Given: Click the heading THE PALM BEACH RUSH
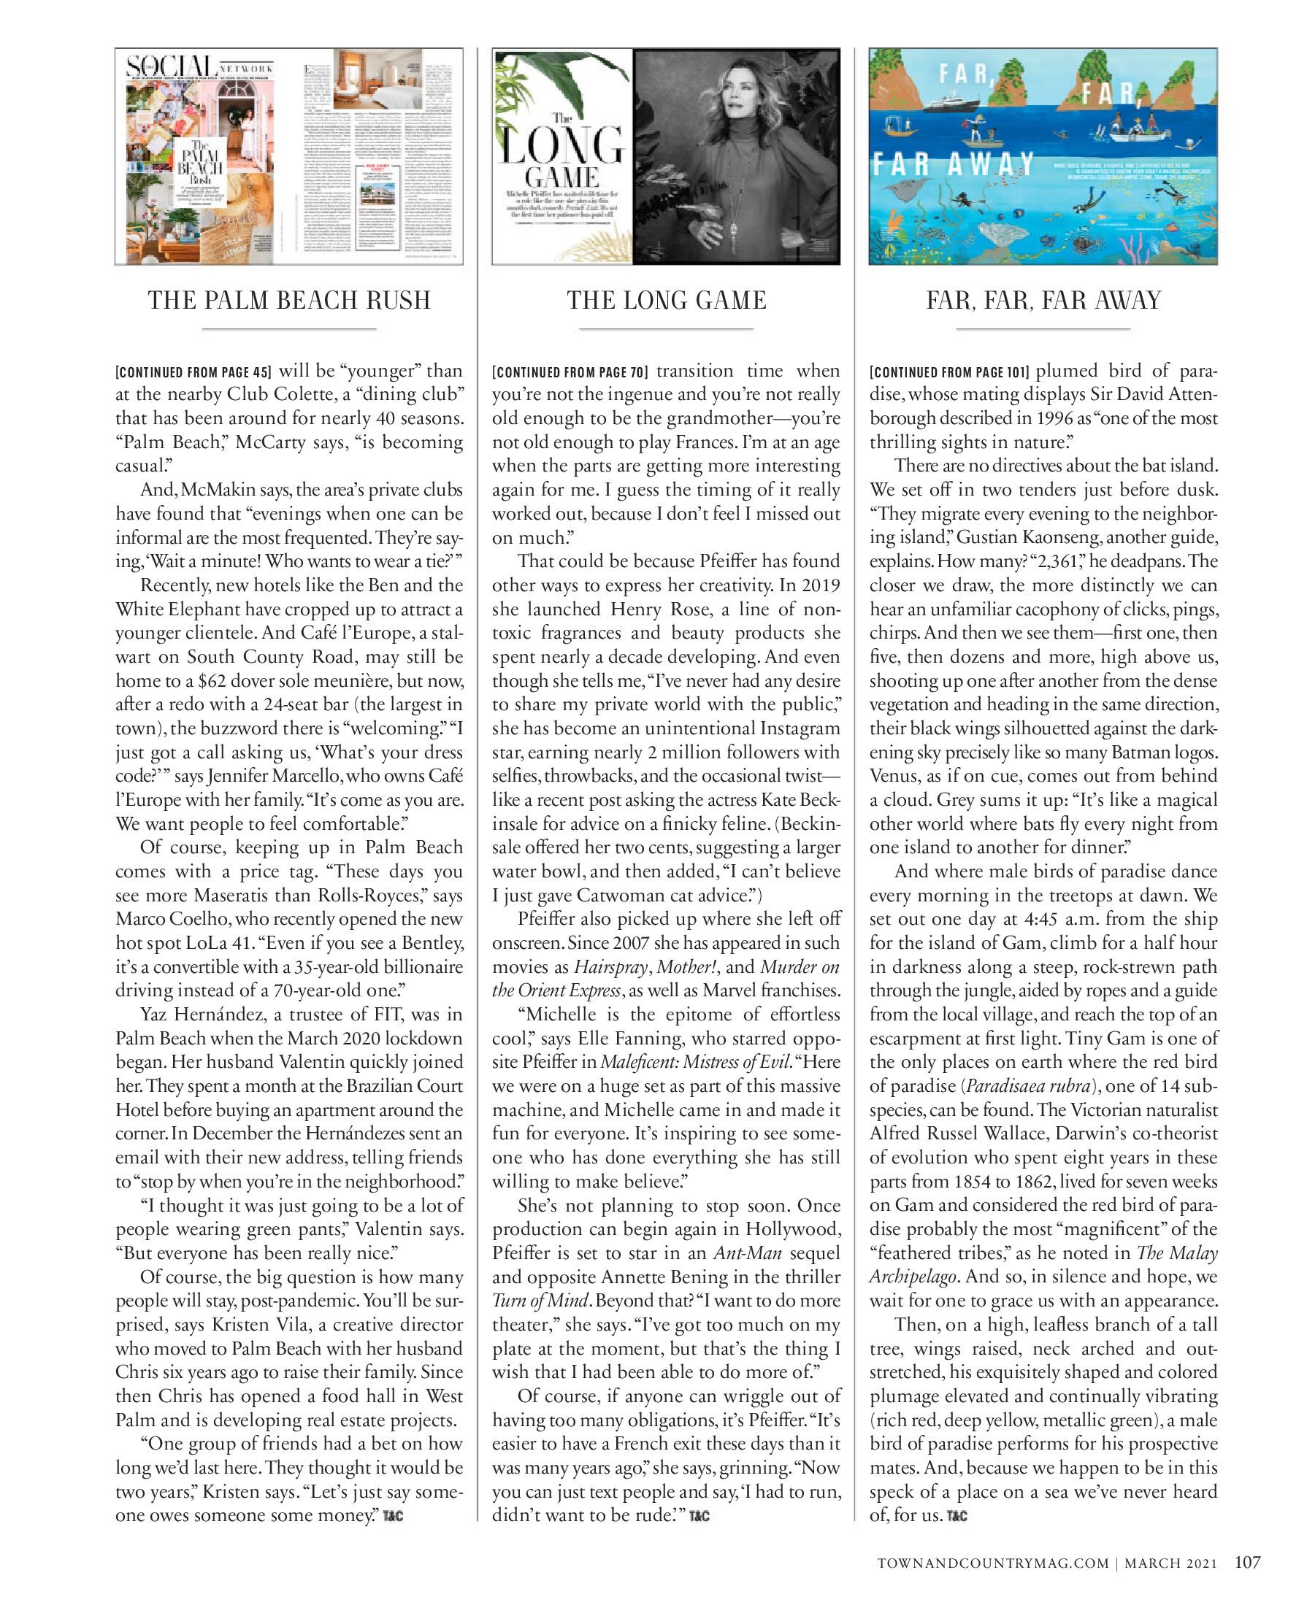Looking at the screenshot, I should click(289, 301).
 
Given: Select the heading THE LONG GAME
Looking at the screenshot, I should click(667, 301).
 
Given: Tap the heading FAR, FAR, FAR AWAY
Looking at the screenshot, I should click(1043, 301).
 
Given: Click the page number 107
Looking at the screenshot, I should click(1248, 1563).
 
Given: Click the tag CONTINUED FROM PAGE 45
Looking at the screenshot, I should click(193, 373).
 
